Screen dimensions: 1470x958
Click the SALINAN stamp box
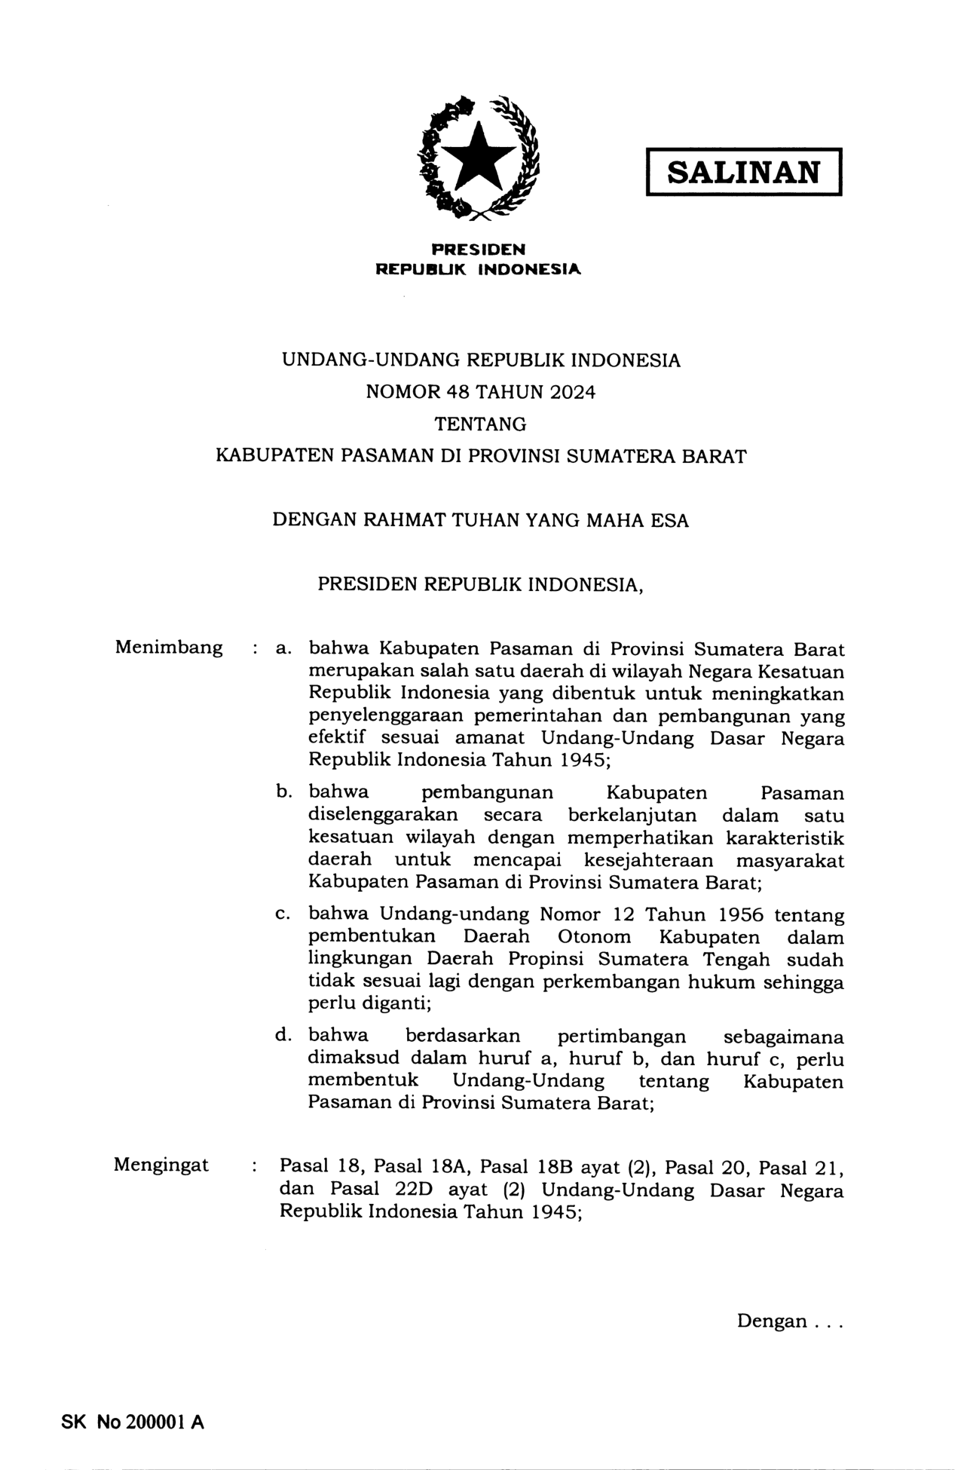pos(743,173)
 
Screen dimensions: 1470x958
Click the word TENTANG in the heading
pos(480,424)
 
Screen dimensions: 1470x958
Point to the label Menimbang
pos(169,647)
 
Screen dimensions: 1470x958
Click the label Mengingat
pos(161,1165)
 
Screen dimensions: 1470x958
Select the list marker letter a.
pos(283,648)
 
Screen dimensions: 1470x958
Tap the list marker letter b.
pos(283,792)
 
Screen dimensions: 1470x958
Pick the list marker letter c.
pos(283,914)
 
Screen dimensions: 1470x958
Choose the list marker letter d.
pos(283,1035)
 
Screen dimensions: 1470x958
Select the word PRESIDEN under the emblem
pos(478,249)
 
